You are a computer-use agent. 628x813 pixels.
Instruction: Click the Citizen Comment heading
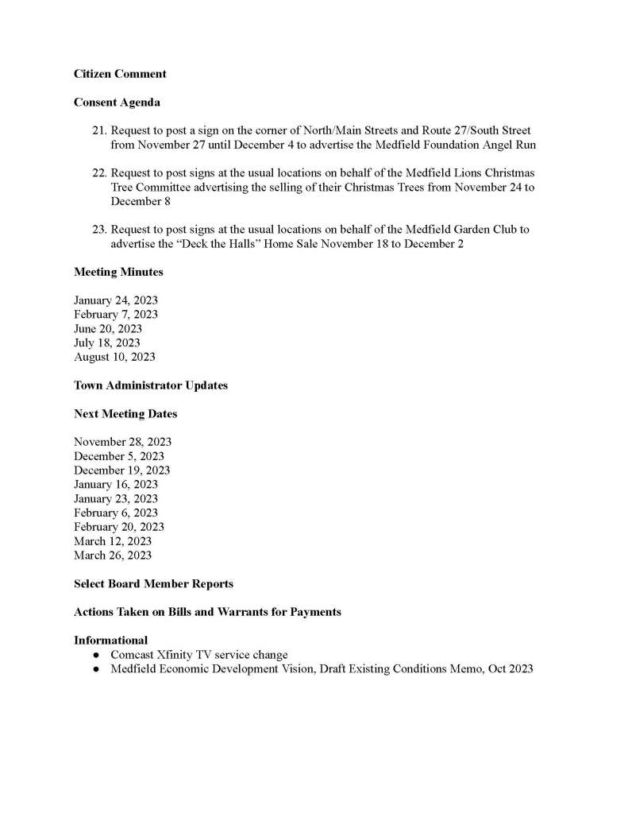coord(120,74)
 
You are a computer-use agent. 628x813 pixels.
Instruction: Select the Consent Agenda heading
coord(117,103)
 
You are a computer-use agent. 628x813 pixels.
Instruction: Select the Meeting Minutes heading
coord(118,272)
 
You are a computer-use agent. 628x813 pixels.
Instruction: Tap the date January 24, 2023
coord(116,300)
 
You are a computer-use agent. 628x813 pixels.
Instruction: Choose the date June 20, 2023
coord(108,329)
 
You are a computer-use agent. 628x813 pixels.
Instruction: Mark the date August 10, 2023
coord(114,357)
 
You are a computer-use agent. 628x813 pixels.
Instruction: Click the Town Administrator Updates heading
coord(151,385)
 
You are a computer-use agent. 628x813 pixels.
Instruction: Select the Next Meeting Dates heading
coord(125,414)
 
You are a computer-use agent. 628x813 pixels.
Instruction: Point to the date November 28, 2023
coord(122,442)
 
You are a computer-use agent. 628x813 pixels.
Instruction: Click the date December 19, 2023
coord(121,470)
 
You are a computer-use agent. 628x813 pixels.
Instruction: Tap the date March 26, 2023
coord(113,556)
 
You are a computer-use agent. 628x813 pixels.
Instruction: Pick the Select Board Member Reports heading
coord(153,584)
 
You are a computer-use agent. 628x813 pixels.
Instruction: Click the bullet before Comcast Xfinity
coord(96,656)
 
